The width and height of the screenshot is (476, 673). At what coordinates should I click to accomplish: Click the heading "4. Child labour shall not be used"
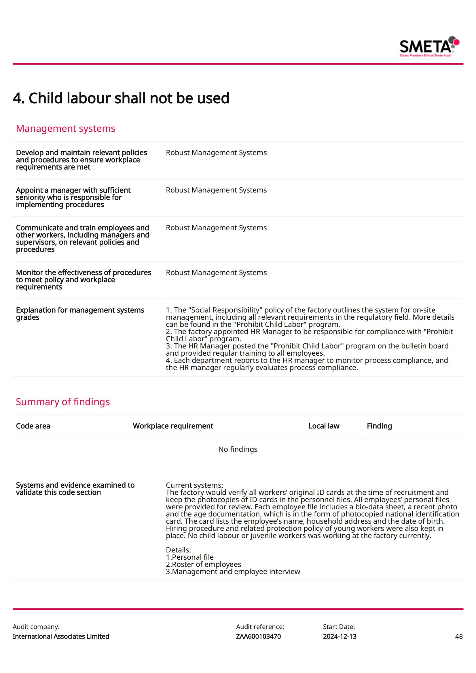(x=121, y=98)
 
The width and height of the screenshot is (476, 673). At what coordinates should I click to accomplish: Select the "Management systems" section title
(x=65, y=128)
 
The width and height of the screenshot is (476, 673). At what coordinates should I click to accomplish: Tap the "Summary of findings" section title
(x=63, y=402)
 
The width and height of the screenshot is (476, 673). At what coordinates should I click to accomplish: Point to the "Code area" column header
(x=33, y=426)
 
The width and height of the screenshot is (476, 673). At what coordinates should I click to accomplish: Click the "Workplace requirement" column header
(x=173, y=426)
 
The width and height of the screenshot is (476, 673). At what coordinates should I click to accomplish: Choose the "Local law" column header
(x=323, y=426)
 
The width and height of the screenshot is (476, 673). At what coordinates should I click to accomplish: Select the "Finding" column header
(x=379, y=426)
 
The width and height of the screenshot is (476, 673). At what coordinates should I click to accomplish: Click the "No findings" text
(x=238, y=449)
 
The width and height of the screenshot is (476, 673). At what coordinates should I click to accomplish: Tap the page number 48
(x=459, y=636)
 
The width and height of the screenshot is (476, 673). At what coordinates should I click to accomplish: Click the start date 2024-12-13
(x=340, y=636)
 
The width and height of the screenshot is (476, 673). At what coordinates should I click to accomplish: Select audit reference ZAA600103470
(x=258, y=636)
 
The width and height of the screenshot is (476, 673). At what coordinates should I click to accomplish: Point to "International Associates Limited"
(x=61, y=636)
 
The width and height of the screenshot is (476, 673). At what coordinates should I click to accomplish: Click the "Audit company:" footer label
(x=36, y=627)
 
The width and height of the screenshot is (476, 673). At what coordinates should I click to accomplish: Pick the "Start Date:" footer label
(x=339, y=627)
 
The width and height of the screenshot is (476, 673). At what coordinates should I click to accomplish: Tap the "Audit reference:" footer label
(x=260, y=627)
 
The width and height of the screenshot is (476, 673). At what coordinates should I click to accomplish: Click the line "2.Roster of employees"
(x=203, y=564)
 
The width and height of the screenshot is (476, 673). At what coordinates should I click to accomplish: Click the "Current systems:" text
(x=194, y=485)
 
